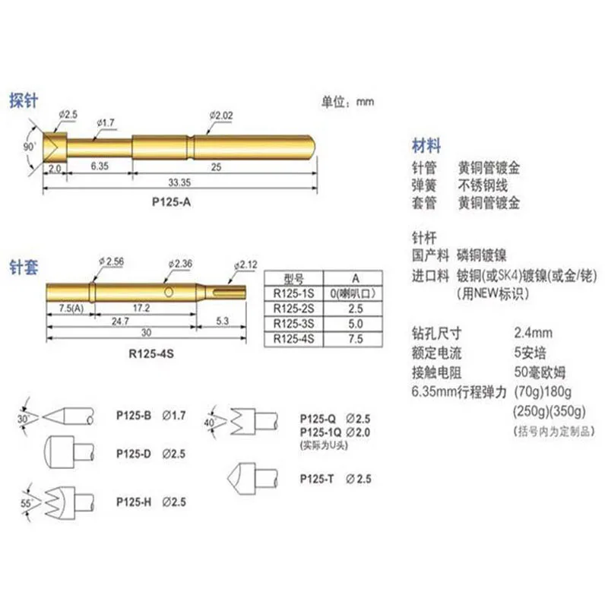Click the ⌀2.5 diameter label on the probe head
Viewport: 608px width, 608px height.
pyautogui.click(x=68, y=114)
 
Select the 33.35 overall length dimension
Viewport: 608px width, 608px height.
pyautogui.click(x=179, y=183)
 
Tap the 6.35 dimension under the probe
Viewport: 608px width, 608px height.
pyautogui.click(x=100, y=165)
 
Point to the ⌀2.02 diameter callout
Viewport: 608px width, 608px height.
pyautogui.click(x=220, y=115)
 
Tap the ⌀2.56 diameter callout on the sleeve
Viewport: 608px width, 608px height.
pyautogui.click(x=110, y=261)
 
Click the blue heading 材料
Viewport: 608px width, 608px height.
pyautogui.click(x=426, y=145)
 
